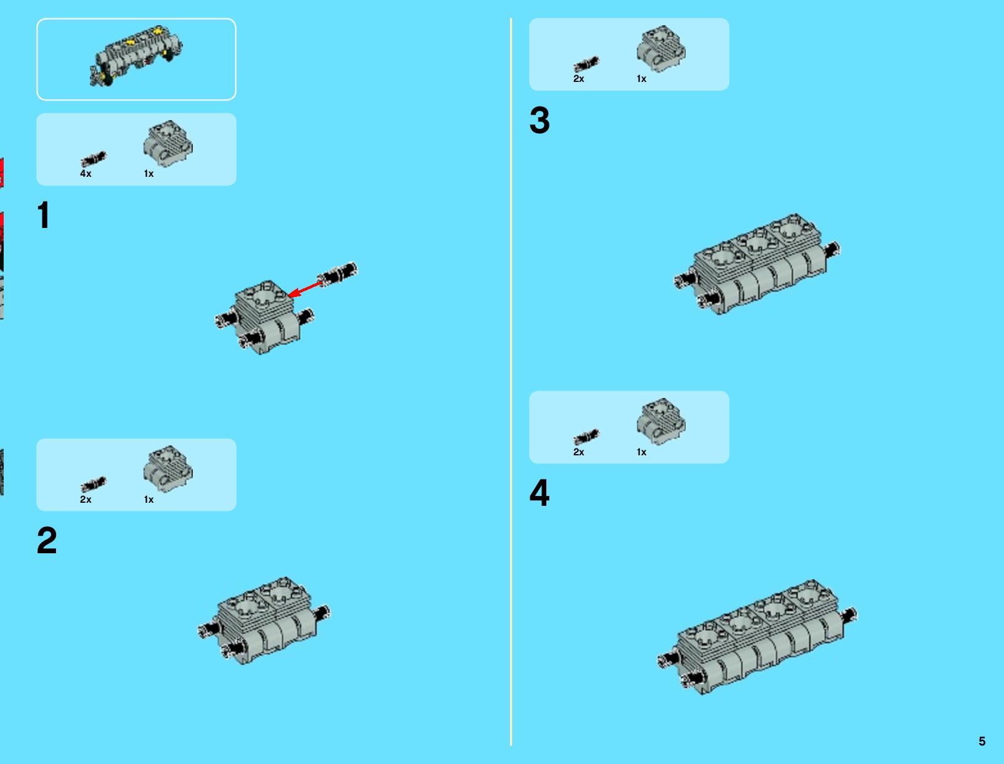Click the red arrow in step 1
[305, 289]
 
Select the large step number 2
[47, 540]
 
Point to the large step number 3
[540, 120]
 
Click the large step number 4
[540, 493]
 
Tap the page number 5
[982, 741]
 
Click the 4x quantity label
[86, 173]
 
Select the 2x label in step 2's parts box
[86, 499]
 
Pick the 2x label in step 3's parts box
[578, 79]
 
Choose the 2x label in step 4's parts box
[578, 452]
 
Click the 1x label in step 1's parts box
[148, 173]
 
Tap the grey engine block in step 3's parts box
[661, 49]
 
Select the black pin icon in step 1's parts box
[93, 159]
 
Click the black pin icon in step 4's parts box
[586, 437]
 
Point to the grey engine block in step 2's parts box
[168, 469]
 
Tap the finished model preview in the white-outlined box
[136, 55]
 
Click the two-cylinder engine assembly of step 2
[264, 620]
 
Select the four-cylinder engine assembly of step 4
[758, 637]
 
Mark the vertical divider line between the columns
[511, 382]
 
